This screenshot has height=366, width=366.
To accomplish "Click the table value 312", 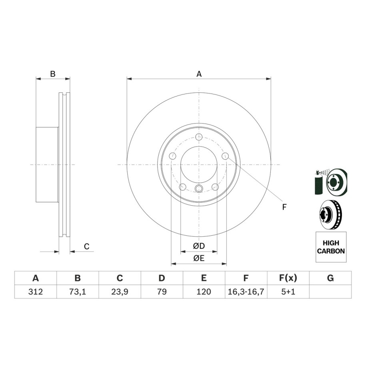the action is point(36,292).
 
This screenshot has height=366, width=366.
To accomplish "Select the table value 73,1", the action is point(78,292).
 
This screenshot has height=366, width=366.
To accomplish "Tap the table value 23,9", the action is point(120,292).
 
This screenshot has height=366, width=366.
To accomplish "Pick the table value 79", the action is point(162,292).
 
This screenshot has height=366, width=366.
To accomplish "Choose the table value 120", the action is point(204,292).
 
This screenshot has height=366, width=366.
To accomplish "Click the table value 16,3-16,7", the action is point(246,292).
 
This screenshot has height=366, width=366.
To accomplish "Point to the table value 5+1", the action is point(288,292).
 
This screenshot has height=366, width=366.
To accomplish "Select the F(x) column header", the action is point(288,278).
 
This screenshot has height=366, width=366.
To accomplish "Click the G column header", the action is point(330,278).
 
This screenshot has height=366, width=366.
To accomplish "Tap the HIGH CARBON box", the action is point(331,247).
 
